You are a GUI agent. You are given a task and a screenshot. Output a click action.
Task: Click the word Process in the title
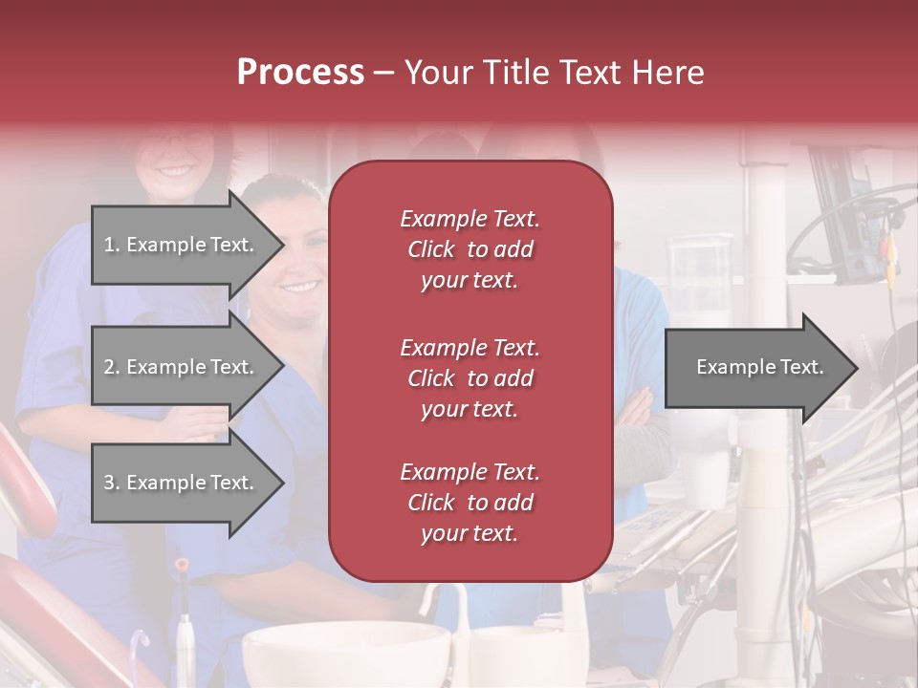tap(300, 72)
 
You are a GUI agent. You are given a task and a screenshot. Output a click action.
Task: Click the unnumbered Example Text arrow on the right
tap(760, 367)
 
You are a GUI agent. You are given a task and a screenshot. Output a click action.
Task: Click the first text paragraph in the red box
tap(470, 249)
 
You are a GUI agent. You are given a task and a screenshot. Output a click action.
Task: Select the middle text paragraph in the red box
tap(470, 378)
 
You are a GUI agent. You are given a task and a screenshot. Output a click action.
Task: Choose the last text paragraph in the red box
tap(470, 503)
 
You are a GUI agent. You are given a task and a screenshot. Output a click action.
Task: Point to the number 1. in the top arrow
tap(112, 245)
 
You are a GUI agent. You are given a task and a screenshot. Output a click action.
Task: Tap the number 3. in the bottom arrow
tap(112, 483)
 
